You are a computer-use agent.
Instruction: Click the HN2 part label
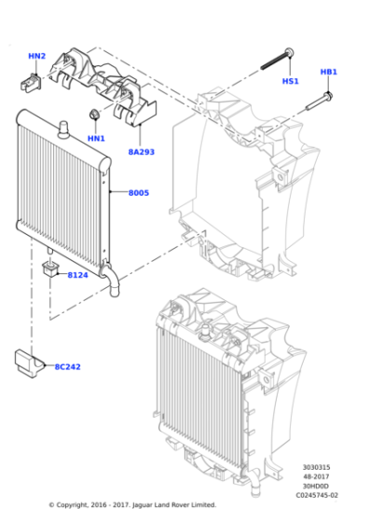click(x=36, y=57)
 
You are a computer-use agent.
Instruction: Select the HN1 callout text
click(x=96, y=139)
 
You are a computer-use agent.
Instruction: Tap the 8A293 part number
click(x=141, y=150)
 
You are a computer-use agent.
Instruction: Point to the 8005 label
click(x=138, y=193)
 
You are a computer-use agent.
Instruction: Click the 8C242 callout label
click(x=66, y=366)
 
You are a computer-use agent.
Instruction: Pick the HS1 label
click(x=290, y=81)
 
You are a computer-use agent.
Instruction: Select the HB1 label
click(x=328, y=72)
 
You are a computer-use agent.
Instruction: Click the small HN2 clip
click(x=29, y=82)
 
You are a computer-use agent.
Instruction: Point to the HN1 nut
click(x=94, y=115)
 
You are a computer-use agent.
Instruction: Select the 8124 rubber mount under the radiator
click(x=51, y=270)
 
